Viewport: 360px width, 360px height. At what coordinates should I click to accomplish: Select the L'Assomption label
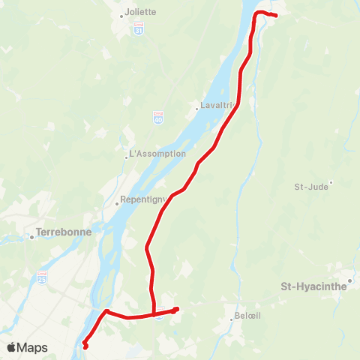pos(158,154)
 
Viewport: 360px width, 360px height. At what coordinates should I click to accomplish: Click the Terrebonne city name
pos(64,232)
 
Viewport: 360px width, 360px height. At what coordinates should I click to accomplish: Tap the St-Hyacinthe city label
pos(314,286)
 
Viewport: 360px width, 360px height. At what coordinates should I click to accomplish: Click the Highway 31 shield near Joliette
pos(138,28)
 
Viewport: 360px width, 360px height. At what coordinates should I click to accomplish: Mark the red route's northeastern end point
pos(276,15)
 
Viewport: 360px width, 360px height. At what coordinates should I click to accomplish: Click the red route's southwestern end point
pos(85,346)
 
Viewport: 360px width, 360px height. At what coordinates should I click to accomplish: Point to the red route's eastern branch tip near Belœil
pos(178,308)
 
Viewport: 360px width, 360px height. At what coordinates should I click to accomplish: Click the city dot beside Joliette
pos(122,14)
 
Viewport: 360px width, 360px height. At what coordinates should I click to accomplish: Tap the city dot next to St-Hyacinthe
pos(349,281)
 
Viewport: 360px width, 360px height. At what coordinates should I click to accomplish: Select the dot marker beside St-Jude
pos(331,182)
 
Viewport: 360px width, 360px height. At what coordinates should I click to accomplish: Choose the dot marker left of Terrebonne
pos(32,237)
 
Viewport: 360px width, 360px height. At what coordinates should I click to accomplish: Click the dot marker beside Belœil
pos(232,320)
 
